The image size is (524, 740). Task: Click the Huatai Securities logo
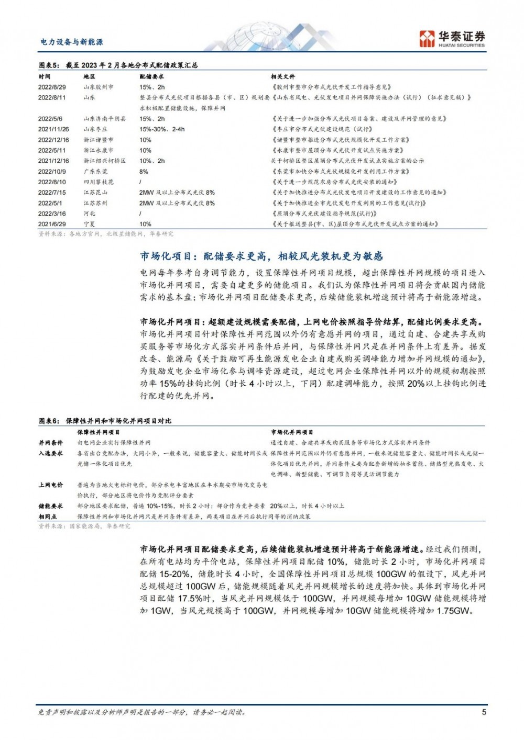452,39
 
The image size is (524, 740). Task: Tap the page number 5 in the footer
484,712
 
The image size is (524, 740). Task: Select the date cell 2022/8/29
52,87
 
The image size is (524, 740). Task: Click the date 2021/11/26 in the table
53,129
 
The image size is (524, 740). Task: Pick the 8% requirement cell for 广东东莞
144,172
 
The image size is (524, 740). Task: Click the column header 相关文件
283,77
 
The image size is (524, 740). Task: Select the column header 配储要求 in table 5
151,77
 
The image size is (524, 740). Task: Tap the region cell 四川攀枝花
98,182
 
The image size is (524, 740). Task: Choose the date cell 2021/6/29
52,224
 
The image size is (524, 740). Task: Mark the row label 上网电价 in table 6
50,485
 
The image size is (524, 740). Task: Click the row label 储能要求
50,506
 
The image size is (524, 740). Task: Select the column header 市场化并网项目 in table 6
292,432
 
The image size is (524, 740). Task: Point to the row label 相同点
48,517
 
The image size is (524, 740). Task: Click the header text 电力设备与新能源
72,42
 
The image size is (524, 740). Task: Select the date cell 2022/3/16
52,214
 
